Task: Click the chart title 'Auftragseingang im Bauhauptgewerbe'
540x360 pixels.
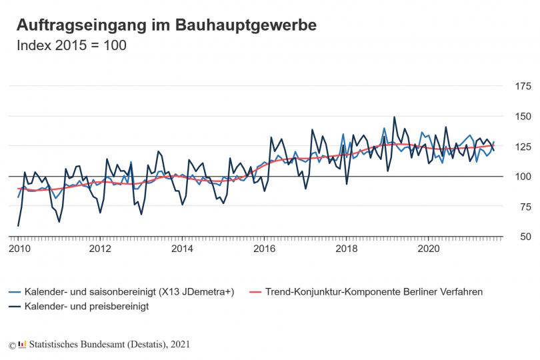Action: coord(166,25)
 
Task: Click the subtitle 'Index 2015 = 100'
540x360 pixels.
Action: coord(71,46)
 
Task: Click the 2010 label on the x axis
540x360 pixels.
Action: coord(18,249)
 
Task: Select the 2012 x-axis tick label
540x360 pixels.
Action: coord(100,249)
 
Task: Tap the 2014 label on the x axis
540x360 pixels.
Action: coord(183,249)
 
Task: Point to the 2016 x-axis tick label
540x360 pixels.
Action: coord(265,249)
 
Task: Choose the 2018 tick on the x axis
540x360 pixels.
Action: coord(347,249)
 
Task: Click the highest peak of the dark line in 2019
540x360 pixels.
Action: coord(395,117)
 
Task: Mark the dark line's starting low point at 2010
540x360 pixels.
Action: coord(18,226)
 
